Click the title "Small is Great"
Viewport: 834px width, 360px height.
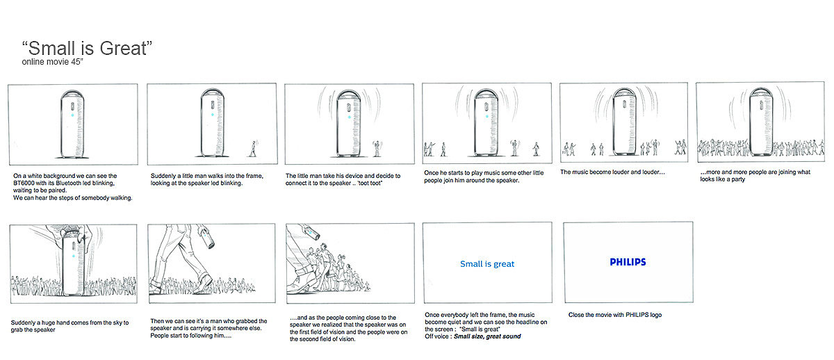(x=87, y=49)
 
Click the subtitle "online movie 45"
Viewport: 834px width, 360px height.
(x=52, y=62)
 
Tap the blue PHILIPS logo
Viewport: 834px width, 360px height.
(x=628, y=262)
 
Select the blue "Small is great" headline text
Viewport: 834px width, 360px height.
(x=487, y=264)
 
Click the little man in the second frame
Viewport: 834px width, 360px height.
(x=254, y=148)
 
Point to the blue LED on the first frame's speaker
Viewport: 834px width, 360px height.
(x=72, y=115)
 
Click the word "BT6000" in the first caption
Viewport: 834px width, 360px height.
(x=24, y=183)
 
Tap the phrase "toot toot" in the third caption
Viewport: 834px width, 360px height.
(x=370, y=183)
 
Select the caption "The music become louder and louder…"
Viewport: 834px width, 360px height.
(x=612, y=172)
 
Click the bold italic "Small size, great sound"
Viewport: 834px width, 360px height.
(x=487, y=336)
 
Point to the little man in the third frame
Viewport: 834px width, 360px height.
(x=377, y=148)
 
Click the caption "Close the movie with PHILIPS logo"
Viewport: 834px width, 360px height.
(x=615, y=315)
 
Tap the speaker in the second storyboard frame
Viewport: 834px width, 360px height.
(x=213, y=122)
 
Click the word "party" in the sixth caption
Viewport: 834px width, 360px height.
(x=737, y=179)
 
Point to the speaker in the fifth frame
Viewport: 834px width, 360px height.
(x=624, y=122)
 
